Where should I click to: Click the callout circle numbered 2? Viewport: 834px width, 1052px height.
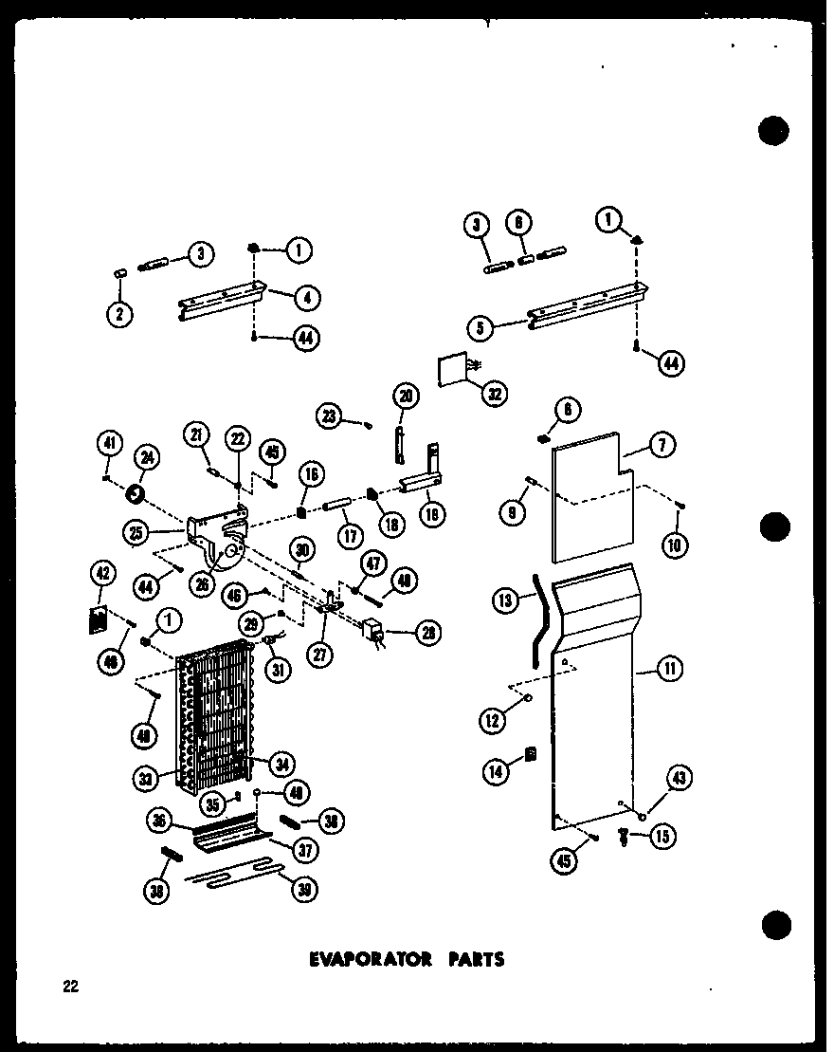coord(118,313)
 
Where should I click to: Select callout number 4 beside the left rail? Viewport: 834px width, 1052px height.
coord(307,297)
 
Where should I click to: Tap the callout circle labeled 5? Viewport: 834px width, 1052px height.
coord(480,329)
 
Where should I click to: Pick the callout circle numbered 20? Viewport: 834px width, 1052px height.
coord(405,396)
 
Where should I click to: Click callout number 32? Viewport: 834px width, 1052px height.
coord(493,393)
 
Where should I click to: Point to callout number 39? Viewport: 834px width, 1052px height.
coord(305,889)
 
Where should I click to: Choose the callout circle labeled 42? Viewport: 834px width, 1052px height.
coord(100,574)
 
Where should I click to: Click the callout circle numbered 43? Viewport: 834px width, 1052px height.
coord(678,779)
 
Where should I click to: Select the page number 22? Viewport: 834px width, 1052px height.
coord(69,987)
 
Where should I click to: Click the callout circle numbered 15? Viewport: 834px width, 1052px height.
coord(660,838)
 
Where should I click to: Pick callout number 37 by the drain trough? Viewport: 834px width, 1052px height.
coord(305,850)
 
